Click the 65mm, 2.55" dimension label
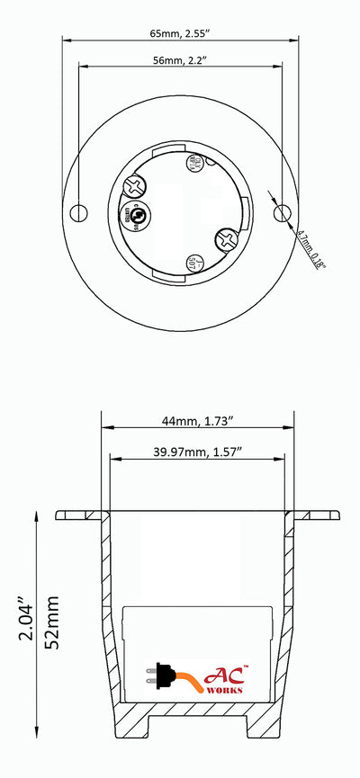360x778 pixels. point(181,31)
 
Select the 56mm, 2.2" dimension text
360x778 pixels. point(181,61)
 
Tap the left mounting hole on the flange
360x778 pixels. point(79,212)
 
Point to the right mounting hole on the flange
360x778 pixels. point(283,212)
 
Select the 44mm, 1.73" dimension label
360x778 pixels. point(199,420)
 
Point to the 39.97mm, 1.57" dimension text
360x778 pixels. point(199,450)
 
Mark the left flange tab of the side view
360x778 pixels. point(79,515)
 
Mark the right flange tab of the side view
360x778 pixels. point(319,515)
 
